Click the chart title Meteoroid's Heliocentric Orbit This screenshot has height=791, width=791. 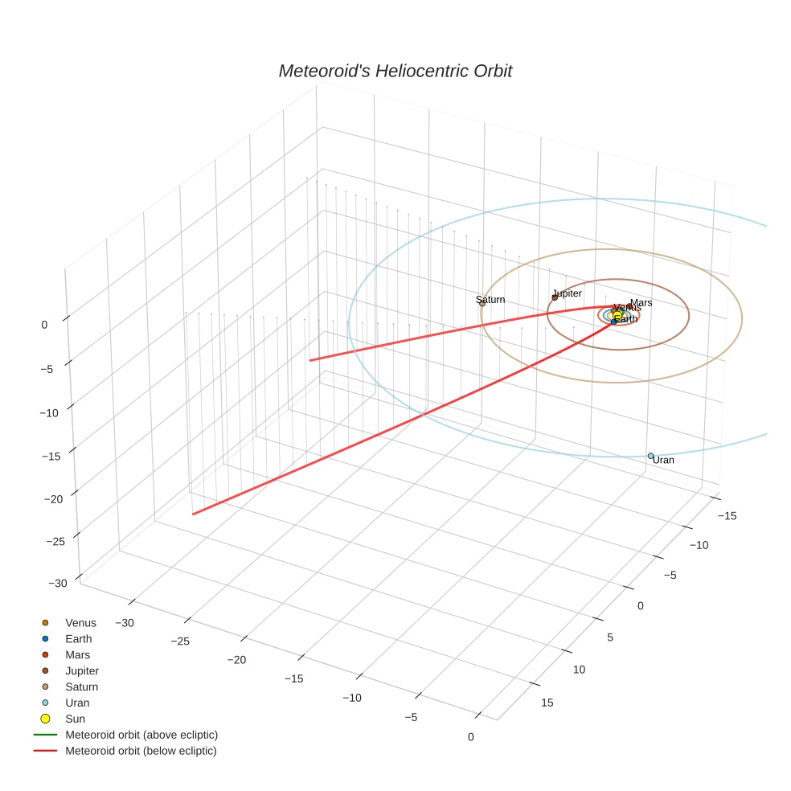coord(395,72)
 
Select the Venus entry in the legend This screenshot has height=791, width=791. coord(80,623)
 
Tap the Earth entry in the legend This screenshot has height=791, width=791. coord(79,639)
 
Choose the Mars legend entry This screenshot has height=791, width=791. coord(78,655)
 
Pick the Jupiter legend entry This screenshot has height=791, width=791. coord(82,671)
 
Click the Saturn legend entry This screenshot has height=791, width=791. coord(81,687)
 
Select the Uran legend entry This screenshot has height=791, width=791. coord(77,703)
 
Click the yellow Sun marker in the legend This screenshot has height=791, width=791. coord(45,719)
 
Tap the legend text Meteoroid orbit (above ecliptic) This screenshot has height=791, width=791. coord(141,735)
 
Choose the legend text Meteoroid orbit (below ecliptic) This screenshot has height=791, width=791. coord(141,751)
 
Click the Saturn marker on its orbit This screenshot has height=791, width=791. coord(482,303)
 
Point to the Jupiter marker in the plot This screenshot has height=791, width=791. coord(555,297)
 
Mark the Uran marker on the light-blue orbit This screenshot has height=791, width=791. coord(651,456)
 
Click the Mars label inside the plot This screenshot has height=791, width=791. coord(641,303)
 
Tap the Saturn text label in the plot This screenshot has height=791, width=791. coord(490,300)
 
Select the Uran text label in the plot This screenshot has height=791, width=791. coord(663,461)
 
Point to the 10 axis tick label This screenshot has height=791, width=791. coord(580,670)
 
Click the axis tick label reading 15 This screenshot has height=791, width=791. coord(547,703)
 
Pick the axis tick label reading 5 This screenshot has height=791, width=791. coord(610,637)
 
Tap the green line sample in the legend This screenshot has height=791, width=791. coord(45,735)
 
